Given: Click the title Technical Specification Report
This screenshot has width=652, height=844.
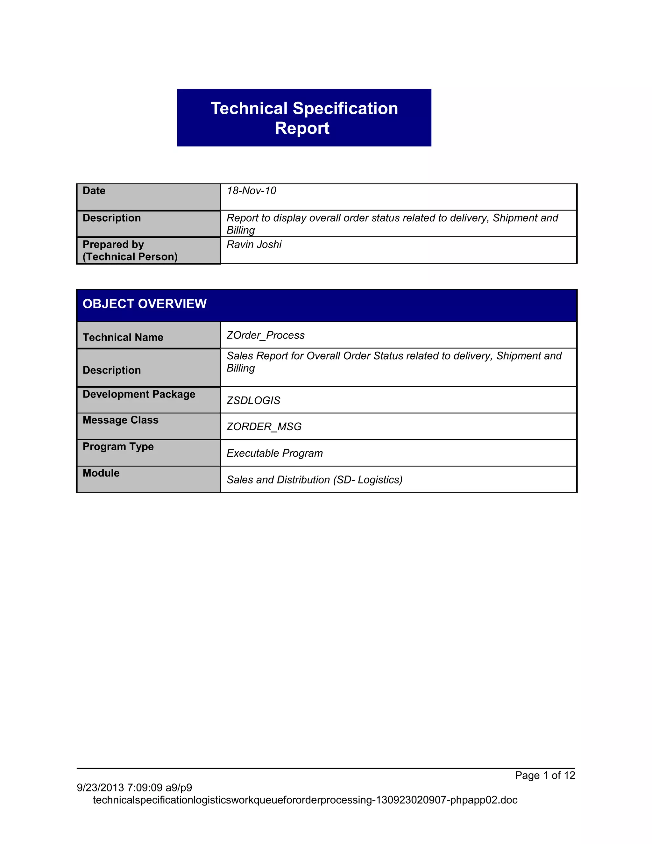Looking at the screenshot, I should click(304, 118).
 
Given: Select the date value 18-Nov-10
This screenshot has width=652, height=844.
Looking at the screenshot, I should click(251, 190).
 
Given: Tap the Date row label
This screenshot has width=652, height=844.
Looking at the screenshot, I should click(94, 190).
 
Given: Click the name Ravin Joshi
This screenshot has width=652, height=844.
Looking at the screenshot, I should click(254, 244).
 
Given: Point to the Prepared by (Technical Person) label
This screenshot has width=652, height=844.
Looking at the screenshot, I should click(130, 250).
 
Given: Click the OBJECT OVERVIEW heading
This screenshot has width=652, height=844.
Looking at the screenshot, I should click(145, 304).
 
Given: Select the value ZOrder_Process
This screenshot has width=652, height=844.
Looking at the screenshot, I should click(266, 335).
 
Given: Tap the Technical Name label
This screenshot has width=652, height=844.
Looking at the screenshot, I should click(123, 337).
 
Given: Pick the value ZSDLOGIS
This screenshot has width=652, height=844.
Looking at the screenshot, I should click(253, 400).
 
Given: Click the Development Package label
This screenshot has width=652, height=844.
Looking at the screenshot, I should click(139, 394).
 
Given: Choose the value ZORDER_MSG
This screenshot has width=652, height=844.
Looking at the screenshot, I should click(264, 427).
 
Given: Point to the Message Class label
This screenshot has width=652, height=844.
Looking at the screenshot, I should click(121, 420).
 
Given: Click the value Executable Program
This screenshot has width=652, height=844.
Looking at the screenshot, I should click(274, 453).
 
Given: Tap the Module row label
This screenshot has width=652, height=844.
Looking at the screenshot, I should click(101, 473).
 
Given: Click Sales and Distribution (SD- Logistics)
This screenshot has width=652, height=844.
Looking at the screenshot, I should click(315, 480).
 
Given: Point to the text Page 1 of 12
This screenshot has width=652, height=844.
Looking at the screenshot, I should click(545, 775).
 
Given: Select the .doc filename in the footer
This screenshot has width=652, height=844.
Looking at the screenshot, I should click(305, 800).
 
